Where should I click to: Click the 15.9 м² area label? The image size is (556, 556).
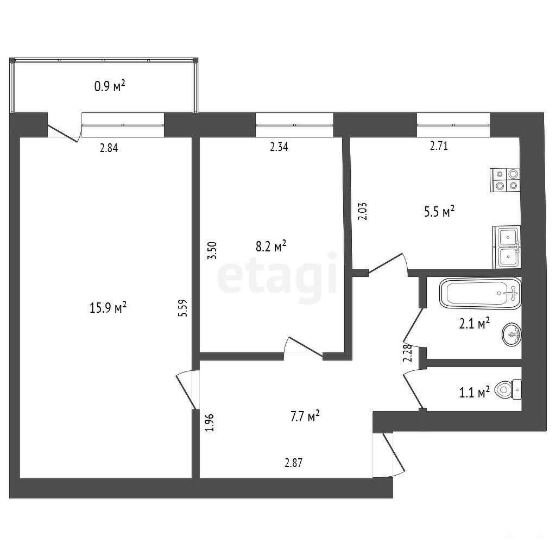pyautogui.click(x=108, y=307)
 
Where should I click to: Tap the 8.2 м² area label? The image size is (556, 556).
pyautogui.click(x=271, y=246)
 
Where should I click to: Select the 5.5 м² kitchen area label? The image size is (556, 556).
pyautogui.click(x=439, y=212)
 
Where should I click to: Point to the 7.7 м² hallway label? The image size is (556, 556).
pyautogui.click(x=305, y=416)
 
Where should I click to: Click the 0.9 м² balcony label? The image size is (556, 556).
pyautogui.click(x=110, y=86)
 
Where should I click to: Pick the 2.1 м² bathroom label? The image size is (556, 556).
pyautogui.click(x=475, y=324)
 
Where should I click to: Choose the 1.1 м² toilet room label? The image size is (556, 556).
pyautogui.click(x=475, y=392)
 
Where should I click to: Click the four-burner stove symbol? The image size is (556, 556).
pyautogui.click(x=505, y=180)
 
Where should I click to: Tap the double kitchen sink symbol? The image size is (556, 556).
pyautogui.click(x=507, y=247)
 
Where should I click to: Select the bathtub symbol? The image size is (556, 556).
pyautogui.click(x=480, y=293)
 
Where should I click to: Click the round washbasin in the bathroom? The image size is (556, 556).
pyautogui.click(x=511, y=334)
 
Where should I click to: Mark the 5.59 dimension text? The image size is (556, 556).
pyautogui.click(x=183, y=308)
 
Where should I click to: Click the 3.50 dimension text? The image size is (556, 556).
pyautogui.click(x=212, y=250)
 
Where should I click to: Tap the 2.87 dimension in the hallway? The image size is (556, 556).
pyautogui.click(x=294, y=463)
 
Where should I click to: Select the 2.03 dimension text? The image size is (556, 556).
pyautogui.click(x=363, y=211)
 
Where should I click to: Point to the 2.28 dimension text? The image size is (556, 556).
pyautogui.click(x=408, y=353)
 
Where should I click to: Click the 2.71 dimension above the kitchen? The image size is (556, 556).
pyautogui.click(x=439, y=146)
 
